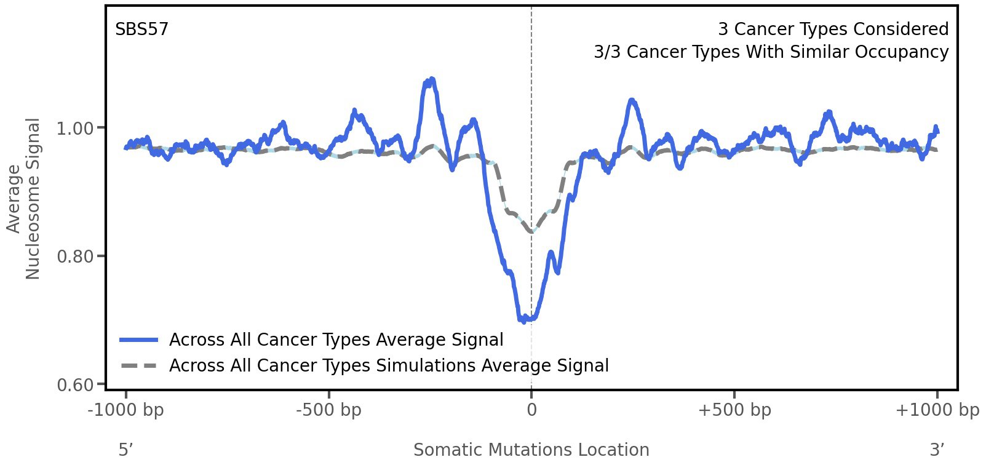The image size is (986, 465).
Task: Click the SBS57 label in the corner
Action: click(141, 30)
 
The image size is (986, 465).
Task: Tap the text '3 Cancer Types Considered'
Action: click(833, 30)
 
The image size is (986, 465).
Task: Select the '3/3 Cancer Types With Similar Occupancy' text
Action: click(771, 52)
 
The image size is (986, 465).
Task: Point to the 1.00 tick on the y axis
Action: click(75, 129)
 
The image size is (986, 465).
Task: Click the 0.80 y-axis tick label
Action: click(75, 256)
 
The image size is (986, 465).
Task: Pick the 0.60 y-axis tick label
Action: click(75, 385)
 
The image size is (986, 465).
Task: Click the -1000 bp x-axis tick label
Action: click(126, 410)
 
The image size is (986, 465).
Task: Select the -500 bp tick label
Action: click(328, 410)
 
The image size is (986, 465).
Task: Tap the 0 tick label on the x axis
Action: click(531, 410)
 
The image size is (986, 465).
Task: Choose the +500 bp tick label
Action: click(734, 410)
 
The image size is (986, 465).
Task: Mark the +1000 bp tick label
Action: click(937, 410)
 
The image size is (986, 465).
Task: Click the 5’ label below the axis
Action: click(125, 450)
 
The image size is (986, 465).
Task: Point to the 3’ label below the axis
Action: click(937, 450)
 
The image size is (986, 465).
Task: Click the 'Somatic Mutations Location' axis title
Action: click(531, 450)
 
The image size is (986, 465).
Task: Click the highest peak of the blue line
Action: click(432, 79)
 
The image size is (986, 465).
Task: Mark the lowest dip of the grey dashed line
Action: click(531, 232)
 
